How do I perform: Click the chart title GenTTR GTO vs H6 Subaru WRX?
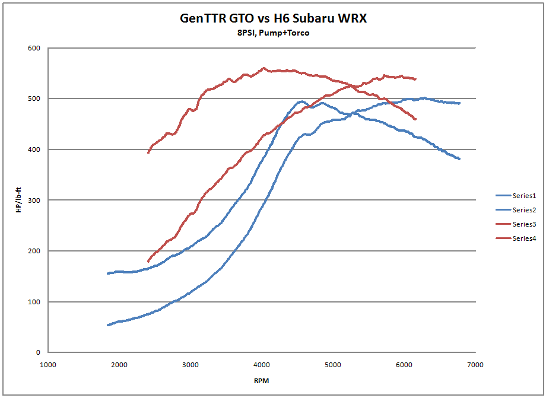pyautogui.click(x=273, y=18)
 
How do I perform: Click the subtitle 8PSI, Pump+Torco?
pyautogui.click(x=273, y=33)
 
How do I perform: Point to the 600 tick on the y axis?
pyautogui.click(x=33, y=47)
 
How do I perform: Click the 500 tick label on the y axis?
pyautogui.click(x=33, y=98)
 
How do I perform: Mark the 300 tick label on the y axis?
pyautogui.click(x=33, y=200)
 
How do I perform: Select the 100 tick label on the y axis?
pyautogui.click(x=33, y=302)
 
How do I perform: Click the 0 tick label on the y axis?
pyautogui.click(x=37, y=353)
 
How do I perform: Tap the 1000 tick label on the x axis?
pyautogui.click(x=48, y=364)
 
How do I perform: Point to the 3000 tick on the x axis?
pyautogui.click(x=191, y=364)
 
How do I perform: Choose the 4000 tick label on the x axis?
pyautogui.click(x=262, y=364)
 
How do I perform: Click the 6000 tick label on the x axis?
pyautogui.click(x=404, y=364)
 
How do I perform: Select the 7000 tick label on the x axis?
pyautogui.click(x=475, y=364)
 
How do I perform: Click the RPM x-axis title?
pyautogui.click(x=262, y=380)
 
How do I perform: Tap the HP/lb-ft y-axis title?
pyautogui.click(x=20, y=200)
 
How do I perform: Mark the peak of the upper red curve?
pyautogui.click(x=264, y=68)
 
